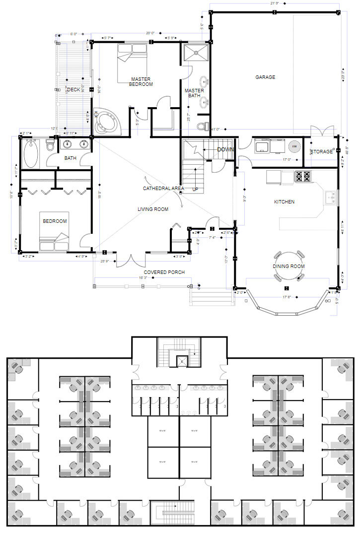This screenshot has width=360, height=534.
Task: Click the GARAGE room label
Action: click(x=265, y=77)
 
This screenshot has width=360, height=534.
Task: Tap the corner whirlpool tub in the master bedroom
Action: click(x=106, y=121)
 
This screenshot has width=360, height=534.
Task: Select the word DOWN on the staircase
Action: click(x=225, y=149)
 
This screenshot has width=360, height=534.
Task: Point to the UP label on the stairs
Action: click(x=196, y=189)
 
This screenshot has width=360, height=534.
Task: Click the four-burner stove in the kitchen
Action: click(x=303, y=176)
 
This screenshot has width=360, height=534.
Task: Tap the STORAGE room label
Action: click(x=322, y=151)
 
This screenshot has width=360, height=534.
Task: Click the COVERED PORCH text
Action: click(x=164, y=272)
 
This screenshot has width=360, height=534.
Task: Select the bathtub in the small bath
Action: click(x=31, y=154)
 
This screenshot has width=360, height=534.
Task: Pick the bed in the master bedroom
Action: click(x=132, y=64)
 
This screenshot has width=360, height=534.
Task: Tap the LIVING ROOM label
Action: click(x=153, y=209)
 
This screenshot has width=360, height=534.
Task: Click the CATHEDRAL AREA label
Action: click(x=163, y=189)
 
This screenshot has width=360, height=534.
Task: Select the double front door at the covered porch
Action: click(x=131, y=260)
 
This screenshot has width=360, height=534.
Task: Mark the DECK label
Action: click(x=73, y=90)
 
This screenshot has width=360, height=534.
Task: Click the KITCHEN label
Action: click(x=285, y=202)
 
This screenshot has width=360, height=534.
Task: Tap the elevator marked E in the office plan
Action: click(x=182, y=361)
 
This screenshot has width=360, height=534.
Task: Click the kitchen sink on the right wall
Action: click(x=331, y=198)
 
